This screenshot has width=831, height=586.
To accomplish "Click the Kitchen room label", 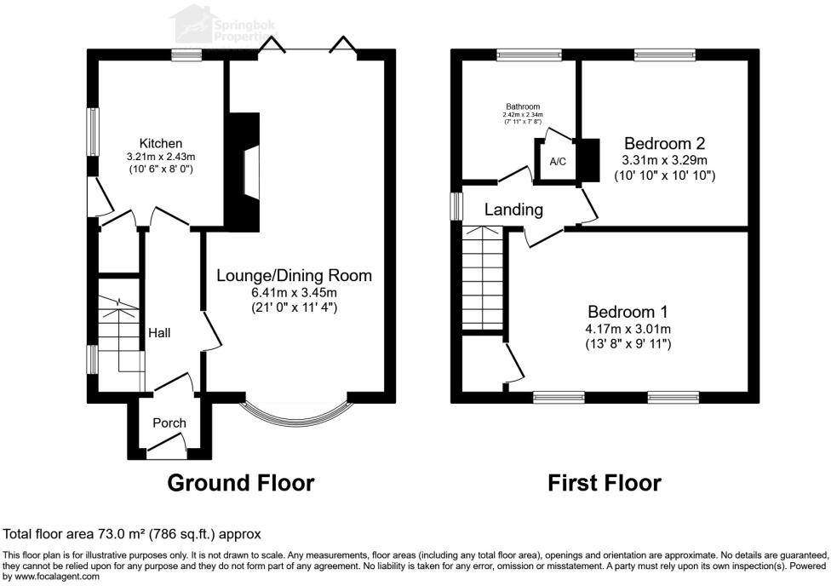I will pos(161,143).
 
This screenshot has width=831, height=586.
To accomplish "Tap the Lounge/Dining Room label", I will pos(295,276).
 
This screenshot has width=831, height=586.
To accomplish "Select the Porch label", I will pos(169,423).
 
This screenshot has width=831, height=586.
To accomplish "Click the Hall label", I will pos(159,332).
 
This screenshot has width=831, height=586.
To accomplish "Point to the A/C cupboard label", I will pos(558,161).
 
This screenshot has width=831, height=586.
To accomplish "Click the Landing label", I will pos(514,210).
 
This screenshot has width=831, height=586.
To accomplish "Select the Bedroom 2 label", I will pos(664,143).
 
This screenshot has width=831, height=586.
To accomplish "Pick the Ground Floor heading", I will pos(241,483).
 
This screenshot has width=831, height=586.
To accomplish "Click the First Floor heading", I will pos(604,483).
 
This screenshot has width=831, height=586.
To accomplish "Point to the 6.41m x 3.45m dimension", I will pos(295,292).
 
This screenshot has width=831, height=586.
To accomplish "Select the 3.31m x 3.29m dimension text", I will pos(664,160).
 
